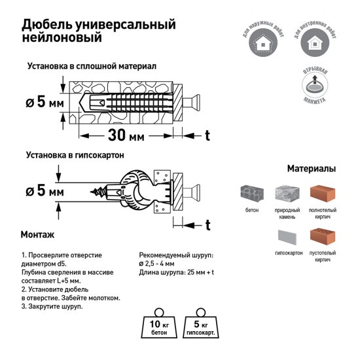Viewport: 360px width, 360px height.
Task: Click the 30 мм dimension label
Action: click(126, 136)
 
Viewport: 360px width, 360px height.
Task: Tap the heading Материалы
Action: click(311, 168)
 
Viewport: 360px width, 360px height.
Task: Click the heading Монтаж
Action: click(37, 234)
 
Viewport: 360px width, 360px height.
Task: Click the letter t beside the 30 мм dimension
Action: click(207, 135)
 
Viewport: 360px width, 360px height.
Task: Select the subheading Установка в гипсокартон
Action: click(76, 156)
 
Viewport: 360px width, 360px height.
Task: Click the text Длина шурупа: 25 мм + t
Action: click(177, 272)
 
